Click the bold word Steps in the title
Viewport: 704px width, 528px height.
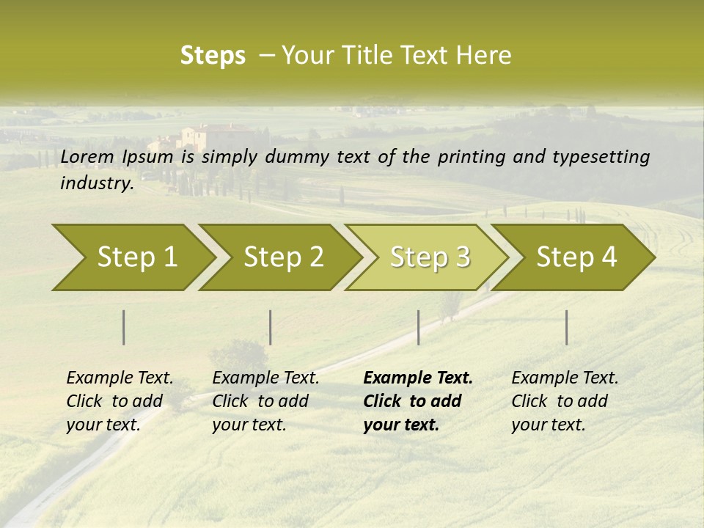pos(213,56)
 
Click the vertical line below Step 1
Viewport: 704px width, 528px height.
pos(124,327)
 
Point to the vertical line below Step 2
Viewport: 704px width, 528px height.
pos(271,327)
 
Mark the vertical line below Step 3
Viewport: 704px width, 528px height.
pos(418,327)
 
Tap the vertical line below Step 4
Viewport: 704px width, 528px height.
pos(567,327)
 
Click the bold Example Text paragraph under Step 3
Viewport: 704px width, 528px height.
pos(418,401)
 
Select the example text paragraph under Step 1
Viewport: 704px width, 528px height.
pos(120,401)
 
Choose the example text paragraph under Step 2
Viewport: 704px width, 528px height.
pos(265,401)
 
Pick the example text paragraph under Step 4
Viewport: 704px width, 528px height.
pos(565,401)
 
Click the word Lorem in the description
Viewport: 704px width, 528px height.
pos(87,157)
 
